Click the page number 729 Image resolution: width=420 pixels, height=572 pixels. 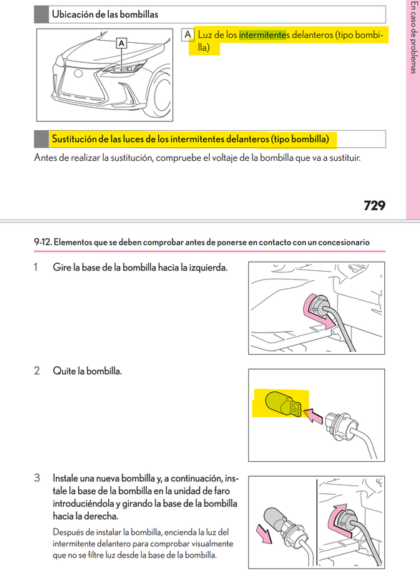pos(374,206)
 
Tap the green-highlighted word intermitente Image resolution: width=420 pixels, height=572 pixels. pos(263,34)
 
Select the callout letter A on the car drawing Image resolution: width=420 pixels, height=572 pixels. pos(122,44)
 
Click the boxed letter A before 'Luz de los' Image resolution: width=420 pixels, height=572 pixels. pos(187,34)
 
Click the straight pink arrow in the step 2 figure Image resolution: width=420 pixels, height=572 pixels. pos(313,412)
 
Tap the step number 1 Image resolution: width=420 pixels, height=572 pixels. pos(36,267)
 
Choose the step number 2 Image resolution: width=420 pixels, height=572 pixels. pos(36,371)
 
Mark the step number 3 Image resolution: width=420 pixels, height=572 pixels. pos(36,477)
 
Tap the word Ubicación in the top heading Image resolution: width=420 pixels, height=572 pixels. pos(74,14)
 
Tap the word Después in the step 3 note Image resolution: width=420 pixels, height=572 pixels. pos(69,532)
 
